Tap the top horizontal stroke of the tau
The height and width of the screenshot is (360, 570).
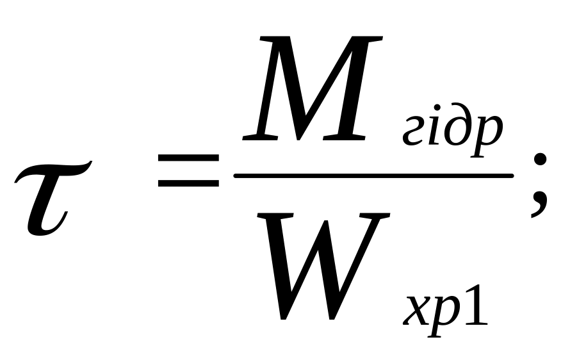pyautogui.click(x=54, y=168)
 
